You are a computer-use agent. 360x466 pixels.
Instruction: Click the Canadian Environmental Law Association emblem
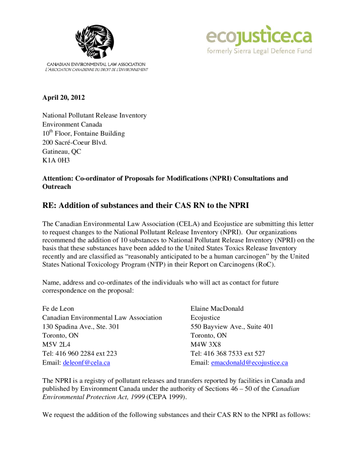click(x=95, y=42)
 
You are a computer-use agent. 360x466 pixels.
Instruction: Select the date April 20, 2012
click(x=64, y=97)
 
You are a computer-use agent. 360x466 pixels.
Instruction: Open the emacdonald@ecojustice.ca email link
click(x=249, y=363)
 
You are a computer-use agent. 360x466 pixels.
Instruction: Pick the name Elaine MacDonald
click(x=217, y=309)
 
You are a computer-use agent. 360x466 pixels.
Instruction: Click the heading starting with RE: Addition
click(x=146, y=205)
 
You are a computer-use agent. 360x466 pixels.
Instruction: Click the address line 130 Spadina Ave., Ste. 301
click(x=81, y=326)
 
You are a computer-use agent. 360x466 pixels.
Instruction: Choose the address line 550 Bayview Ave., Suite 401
click(x=232, y=326)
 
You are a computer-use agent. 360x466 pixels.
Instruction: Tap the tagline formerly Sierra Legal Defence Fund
click(x=259, y=51)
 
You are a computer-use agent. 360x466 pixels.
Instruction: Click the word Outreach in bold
click(x=57, y=187)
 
